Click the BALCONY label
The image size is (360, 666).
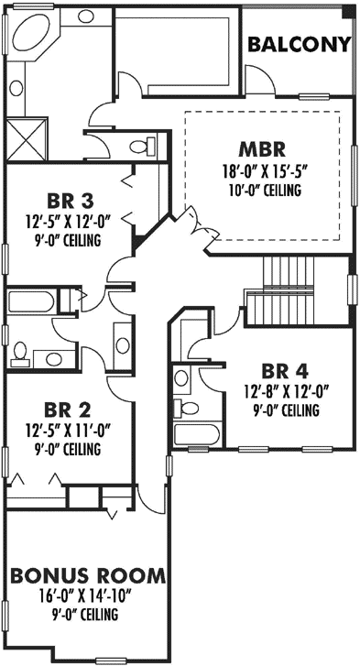pyautogui.click(x=300, y=44)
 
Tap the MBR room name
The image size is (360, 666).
pyautogui.click(x=264, y=149)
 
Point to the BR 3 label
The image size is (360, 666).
pyautogui.click(x=71, y=201)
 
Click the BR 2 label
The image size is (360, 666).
pyautogui.click(x=71, y=408)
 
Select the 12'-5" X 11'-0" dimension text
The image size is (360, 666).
pyautogui.click(x=71, y=429)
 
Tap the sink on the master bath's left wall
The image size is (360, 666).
pyautogui.click(x=16, y=89)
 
